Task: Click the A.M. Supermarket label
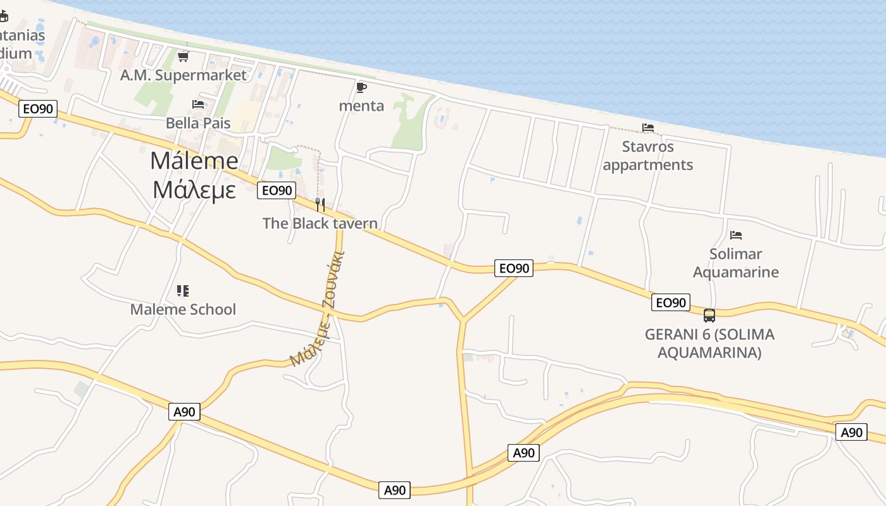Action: click(x=184, y=75)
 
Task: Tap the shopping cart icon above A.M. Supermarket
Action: click(x=184, y=57)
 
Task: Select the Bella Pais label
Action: click(x=198, y=123)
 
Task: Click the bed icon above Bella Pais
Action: click(x=198, y=104)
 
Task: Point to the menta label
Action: click(x=361, y=106)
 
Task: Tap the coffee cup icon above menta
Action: click(x=361, y=87)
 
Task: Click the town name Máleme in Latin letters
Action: click(x=194, y=161)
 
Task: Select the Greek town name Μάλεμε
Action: click(x=194, y=189)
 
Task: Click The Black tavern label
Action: click(x=320, y=223)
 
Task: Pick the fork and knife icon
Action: click(x=320, y=205)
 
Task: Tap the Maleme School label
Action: click(x=183, y=309)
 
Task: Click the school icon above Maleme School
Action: click(x=183, y=291)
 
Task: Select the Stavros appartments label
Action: click(x=648, y=156)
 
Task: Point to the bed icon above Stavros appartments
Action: click(x=648, y=128)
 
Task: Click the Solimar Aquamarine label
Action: click(x=735, y=263)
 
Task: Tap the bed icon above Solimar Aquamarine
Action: click(x=735, y=235)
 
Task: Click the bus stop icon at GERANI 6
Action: click(x=709, y=315)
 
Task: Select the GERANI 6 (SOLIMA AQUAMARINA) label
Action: click(x=709, y=343)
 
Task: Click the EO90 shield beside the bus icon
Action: click(x=671, y=303)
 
